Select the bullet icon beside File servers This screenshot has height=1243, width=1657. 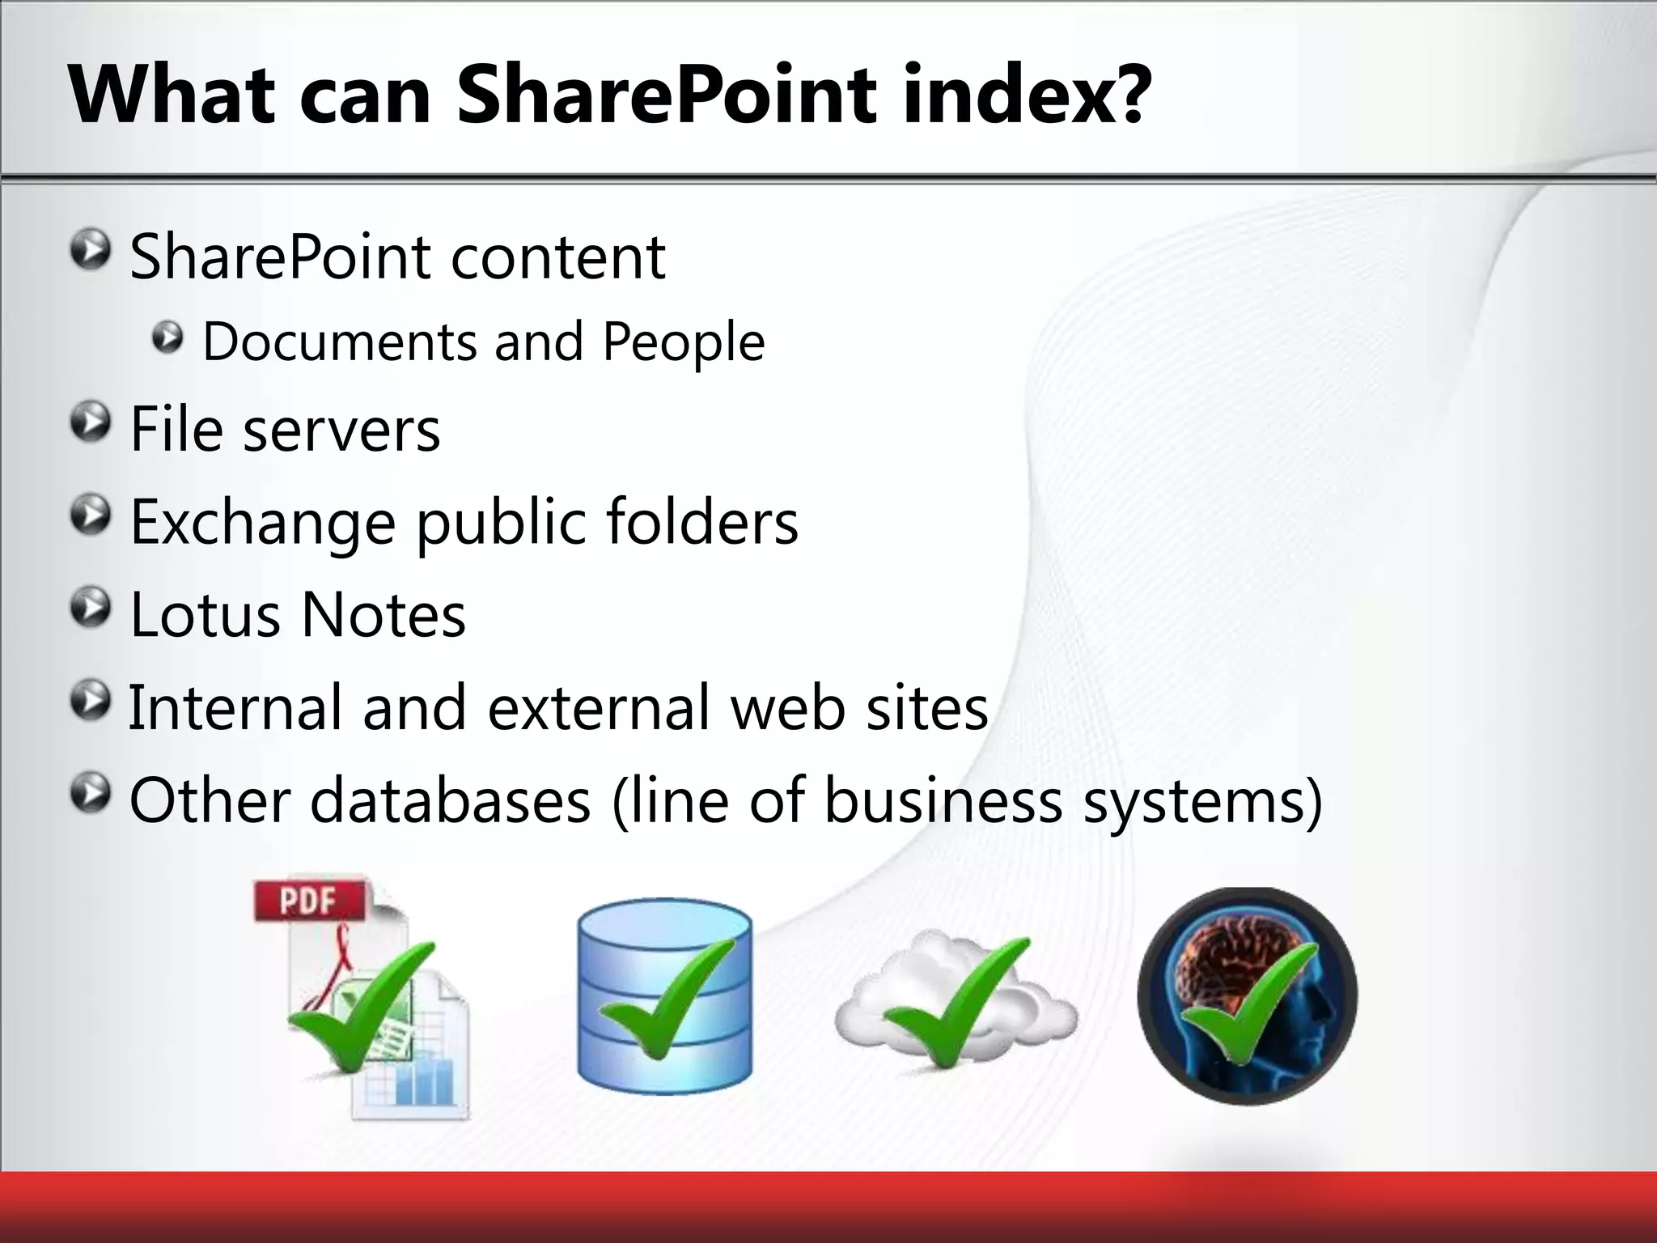coord(89,423)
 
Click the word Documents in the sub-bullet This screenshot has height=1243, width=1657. coord(340,342)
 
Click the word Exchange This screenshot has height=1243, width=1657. coord(262,524)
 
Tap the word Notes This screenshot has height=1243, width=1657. coord(384,615)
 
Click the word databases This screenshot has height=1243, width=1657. coord(450,801)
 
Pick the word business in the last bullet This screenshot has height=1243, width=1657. coord(943,801)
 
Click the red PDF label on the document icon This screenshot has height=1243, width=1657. coord(307,901)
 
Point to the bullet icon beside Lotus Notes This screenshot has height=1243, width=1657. coord(89,609)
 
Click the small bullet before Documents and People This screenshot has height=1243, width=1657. coord(167,337)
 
